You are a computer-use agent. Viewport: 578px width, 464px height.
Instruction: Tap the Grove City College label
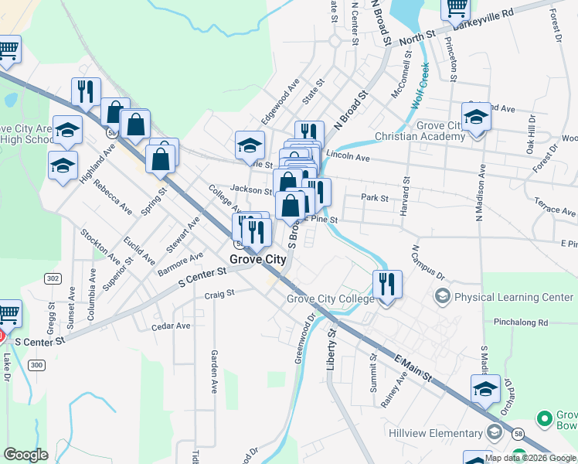click(331, 299)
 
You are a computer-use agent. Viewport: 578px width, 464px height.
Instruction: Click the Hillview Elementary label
click(437, 433)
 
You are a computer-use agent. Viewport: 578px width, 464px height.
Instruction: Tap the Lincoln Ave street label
click(348, 157)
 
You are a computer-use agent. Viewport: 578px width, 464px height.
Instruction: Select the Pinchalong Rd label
click(522, 322)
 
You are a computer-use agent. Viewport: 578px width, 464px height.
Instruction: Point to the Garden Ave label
click(215, 372)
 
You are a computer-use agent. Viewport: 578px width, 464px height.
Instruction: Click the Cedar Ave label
click(171, 326)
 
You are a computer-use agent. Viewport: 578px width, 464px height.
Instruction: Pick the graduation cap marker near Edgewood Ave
click(250, 144)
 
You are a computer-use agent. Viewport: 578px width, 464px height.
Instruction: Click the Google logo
click(25, 455)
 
